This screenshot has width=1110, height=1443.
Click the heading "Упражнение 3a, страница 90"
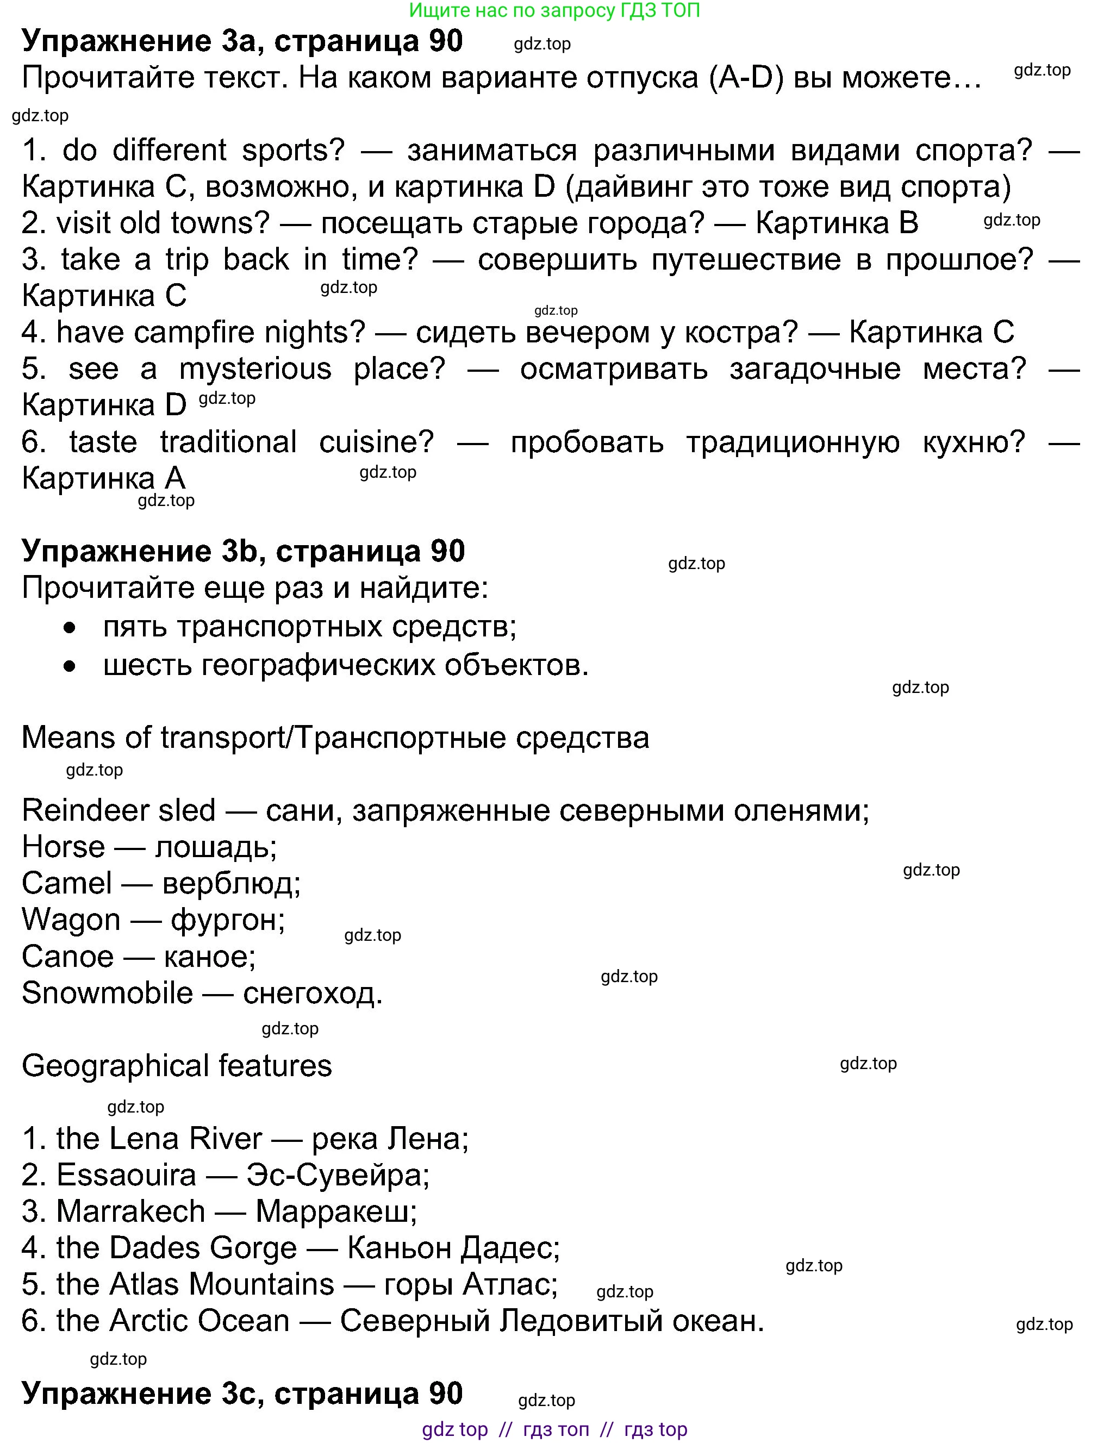[242, 41]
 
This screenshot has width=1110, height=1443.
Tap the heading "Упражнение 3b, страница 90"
[243, 551]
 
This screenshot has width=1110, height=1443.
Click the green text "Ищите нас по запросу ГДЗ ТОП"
[554, 10]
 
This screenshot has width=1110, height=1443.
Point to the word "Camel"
[67, 883]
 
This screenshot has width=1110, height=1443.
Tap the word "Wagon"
[71, 920]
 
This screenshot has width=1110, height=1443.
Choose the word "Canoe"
[67, 956]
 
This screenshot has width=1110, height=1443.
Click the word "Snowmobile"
[107, 992]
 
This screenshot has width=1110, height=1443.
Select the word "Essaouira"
[126, 1175]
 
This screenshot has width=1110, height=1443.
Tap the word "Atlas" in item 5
[145, 1284]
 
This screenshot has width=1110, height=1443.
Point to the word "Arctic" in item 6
[148, 1320]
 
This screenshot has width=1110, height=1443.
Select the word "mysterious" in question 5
[255, 368]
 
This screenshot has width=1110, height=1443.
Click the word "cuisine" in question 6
[376, 441]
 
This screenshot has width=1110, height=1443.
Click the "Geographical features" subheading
[177, 1066]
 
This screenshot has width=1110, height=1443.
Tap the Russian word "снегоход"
[313, 992]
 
